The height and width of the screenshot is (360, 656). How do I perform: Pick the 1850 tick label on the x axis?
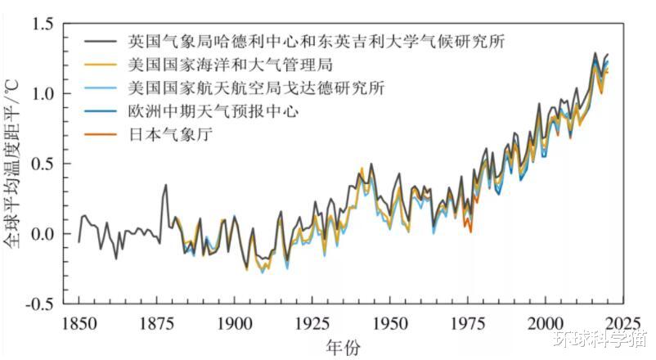(x=79, y=322)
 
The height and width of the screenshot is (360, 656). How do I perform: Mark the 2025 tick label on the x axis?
(x=624, y=322)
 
